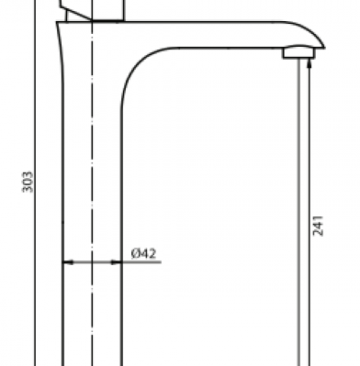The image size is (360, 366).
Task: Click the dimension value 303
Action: [x=28, y=182]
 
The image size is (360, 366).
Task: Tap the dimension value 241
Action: [x=318, y=226]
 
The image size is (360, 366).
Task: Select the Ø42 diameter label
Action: [x=143, y=253]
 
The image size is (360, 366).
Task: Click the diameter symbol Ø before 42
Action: [x=135, y=253]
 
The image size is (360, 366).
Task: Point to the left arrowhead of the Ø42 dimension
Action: [x=68, y=262]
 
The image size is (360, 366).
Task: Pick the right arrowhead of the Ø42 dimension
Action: [x=116, y=262]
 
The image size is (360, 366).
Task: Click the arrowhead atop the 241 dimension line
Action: [x=309, y=63]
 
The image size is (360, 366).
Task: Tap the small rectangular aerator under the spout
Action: [x=298, y=52]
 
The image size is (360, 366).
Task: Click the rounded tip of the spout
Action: [x=319, y=39]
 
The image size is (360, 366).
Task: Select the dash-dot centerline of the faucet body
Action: [x=92, y=183]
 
